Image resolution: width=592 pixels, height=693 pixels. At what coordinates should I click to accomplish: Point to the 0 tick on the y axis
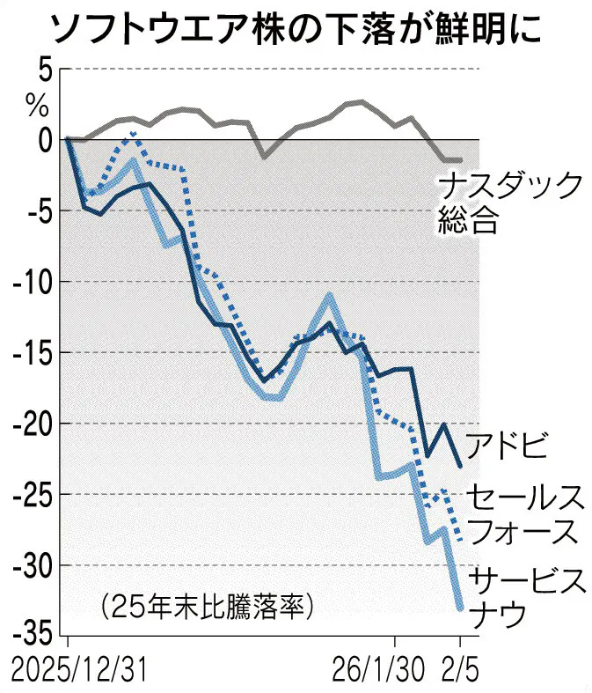click(42, 139)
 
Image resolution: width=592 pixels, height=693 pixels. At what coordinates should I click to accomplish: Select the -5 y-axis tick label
click(35, 211)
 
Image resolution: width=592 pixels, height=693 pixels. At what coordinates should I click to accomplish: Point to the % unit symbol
click(37, 106)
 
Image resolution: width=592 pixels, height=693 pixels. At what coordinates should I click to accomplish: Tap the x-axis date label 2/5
click(460, 672)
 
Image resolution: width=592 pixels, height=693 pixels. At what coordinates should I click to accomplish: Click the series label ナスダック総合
click(510, 203)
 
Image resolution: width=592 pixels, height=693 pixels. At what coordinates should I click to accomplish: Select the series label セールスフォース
click(524, 514)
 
